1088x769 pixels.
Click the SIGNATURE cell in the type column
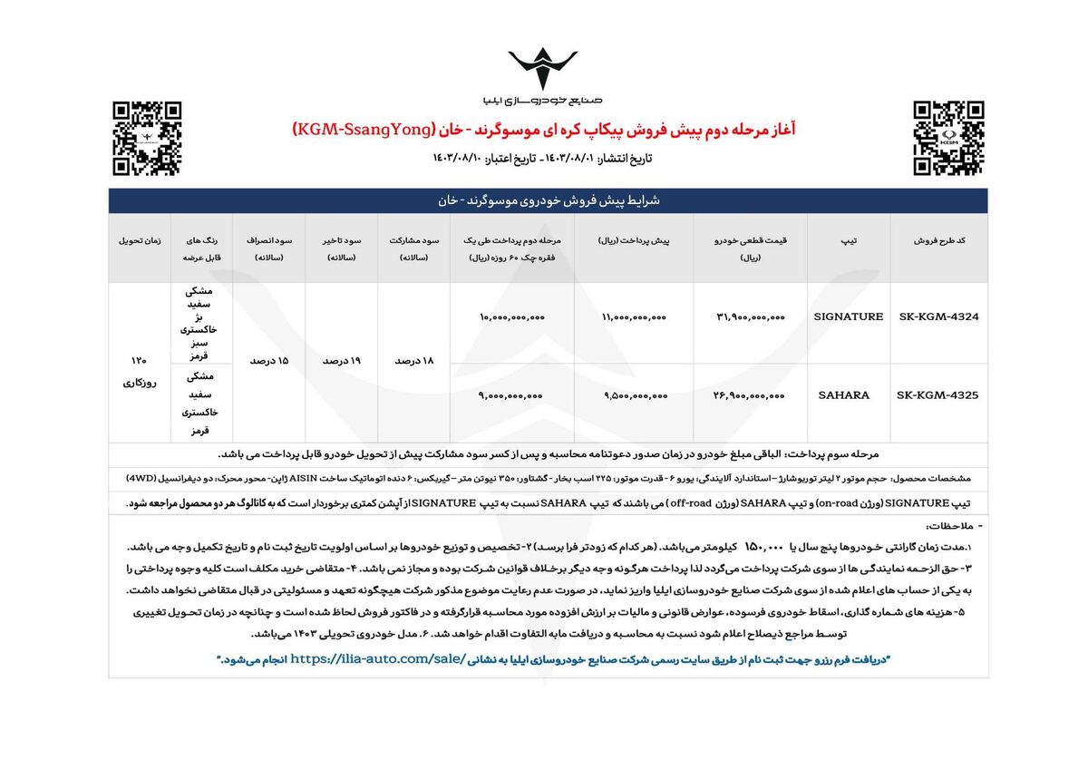tap(850, 316)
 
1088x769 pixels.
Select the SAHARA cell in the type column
tap(843, 395)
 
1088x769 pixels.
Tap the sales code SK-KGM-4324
tap(937, 316)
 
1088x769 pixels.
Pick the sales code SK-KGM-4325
tap(937, 395)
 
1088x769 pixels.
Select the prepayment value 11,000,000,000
tap(633, 317)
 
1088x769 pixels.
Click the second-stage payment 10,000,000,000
tap(511, 317)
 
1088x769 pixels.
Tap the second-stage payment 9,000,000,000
tap(511, 396)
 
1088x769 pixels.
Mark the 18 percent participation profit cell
tap(414, 360)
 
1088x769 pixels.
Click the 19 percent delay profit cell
tap(342, 360)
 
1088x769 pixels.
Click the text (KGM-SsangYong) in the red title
tap(370, 131)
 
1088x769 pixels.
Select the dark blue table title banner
tap(548, 200)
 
